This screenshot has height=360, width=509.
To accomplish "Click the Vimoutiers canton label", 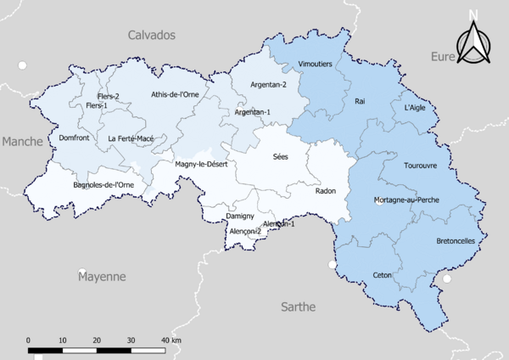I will point(316,65).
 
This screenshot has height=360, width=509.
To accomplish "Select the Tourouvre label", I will point(421,165).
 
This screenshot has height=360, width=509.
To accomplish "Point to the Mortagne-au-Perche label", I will point(406,200).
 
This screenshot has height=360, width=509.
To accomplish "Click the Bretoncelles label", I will point(456,240).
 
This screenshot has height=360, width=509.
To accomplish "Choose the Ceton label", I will point(382,275).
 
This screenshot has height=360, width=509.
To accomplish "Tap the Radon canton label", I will point(326,191).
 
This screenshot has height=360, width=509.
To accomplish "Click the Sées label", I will point(281,157).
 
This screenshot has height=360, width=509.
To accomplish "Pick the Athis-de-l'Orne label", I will point(175,94).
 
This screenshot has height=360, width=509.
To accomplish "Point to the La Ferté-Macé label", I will point(131,138).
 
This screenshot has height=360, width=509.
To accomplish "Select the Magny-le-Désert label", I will point(200,164).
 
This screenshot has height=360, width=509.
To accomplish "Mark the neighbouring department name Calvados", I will point(151,35).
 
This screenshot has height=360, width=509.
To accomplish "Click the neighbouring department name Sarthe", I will point(298,306).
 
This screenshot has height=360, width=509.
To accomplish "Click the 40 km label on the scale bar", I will point(171,340).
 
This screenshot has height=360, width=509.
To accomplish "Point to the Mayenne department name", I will point(102,277).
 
